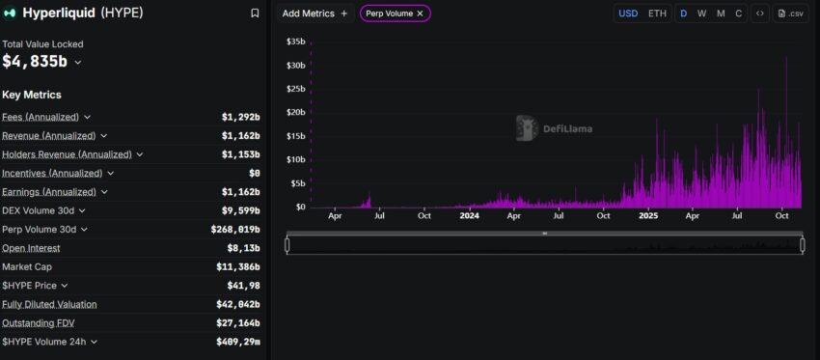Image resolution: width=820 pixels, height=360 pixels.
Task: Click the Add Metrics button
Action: [314, 14]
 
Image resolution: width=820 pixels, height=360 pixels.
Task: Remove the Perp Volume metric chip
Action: [420, 14]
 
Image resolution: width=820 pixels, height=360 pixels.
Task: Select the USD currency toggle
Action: [628, 14]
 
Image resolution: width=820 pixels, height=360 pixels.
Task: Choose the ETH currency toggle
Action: [657, 14]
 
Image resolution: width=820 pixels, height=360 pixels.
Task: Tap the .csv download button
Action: [790, 14]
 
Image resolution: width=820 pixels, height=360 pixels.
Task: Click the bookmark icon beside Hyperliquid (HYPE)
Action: [255, 14]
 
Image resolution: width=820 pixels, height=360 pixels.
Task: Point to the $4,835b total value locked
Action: [36, 62]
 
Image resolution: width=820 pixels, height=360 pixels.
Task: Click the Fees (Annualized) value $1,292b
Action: [240, 117]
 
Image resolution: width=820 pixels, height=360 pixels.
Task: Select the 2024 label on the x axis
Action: [469, 216]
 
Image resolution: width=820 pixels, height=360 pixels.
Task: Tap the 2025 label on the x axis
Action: [647, 216]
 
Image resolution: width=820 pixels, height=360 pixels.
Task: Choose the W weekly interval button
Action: [701, 14]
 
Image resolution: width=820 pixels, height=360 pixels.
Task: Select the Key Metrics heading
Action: [32, 95]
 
